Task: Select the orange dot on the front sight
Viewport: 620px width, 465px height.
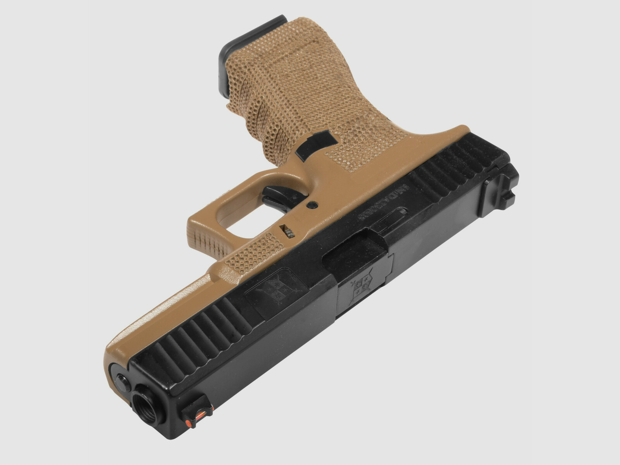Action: pyautogui.click(x=190, y=422)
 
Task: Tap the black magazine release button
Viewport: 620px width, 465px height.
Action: pyautogui.click(x=315, y=145)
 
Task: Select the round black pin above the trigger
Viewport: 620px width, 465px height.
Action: pyautogui.click(x=312, y=204)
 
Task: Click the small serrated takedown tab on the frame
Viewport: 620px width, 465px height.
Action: pyautogui.click(x=288, y=231)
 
